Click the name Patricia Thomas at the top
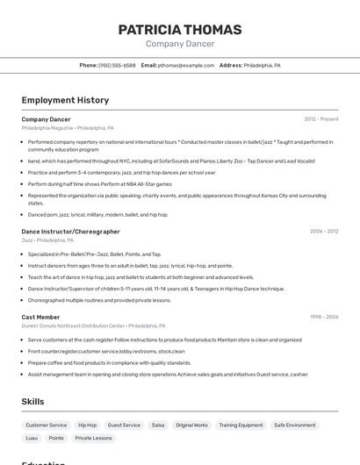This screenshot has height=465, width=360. (x=180, y=30)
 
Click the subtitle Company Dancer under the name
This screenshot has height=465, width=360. (x=180, y=44)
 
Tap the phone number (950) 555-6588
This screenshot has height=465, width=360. (x=117, y=65)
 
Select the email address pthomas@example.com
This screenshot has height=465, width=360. (x=186, y=65)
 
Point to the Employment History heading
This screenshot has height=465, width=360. (x=65, y=100)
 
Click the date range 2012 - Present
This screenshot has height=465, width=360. (x=320, y=119)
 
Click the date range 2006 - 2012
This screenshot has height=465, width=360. (x=323, y=232)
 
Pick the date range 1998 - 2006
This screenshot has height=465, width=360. (x=323, y=317)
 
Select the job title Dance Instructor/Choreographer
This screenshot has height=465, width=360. (x=70, y=232)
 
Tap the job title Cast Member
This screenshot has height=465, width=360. (x=40, y=317)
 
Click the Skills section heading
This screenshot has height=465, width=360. (x=32, y=402)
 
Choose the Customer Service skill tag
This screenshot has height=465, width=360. (x=47, y=425)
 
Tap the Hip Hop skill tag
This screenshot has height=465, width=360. (x=88, y=425)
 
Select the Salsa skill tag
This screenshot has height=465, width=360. (x=158, y=425)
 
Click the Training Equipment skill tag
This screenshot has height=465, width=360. (x=241, y=425)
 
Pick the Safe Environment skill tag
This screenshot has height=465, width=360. (x=294, y=425)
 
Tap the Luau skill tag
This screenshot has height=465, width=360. (x=32, y=438)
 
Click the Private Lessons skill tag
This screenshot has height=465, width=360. (x=93, y=438)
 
